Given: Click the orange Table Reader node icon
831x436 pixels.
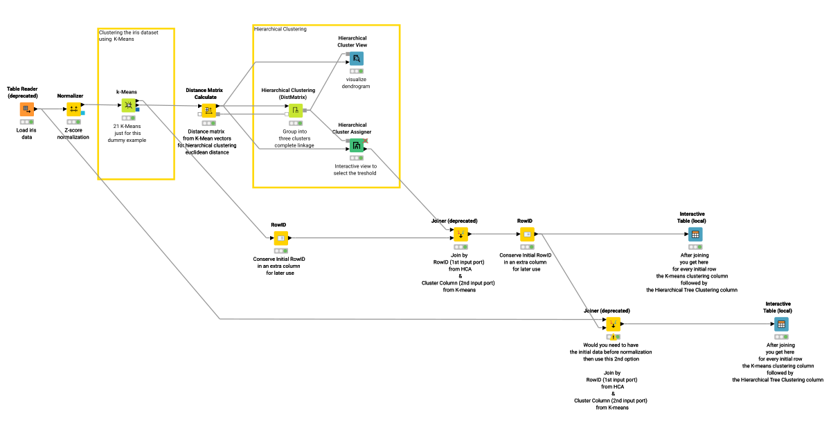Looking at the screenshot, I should pyautogui.click(x=26, y=109).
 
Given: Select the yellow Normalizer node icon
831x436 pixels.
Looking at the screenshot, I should pyautogui.click(x=73, y=109).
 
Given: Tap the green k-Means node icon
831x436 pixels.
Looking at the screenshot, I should pyautogui.click(x=128, y=105).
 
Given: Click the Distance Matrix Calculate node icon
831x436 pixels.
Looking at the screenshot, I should pyautogui.click(x=208, y=110).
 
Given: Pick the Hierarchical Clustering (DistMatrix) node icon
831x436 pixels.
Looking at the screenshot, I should pyautogui.click(x=296, y=110).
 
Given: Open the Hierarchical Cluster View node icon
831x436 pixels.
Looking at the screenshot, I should pyautogui.click(x=356, y=59).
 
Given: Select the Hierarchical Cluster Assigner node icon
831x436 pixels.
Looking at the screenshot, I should pyautogui.click(x=356, y=145).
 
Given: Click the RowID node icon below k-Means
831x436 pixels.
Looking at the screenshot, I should pyautogui.click(x=280, y=238).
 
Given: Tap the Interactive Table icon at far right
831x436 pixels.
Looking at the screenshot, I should pyautogui.click(x=781, y=324).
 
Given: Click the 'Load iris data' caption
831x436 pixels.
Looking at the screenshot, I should pyautogui.click(x=27, y=133).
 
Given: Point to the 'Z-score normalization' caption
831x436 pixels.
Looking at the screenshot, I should pyautogui.click(x=73, y=133).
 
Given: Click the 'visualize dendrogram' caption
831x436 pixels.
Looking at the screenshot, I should pyautogui.click(x=357, y=82).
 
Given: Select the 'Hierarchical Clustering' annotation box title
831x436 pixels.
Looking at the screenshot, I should pyautogui.click(x=280, y=29).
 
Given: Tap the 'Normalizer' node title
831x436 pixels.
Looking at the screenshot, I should pyautogui.click(x=70, y=96).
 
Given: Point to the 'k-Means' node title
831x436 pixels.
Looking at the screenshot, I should pyautogui.click(x=127, y=91).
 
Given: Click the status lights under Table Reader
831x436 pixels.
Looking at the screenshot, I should pyautogui.click(x=27, y=122).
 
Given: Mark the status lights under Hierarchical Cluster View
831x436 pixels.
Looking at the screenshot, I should pyautogui.click(x=356, y=71).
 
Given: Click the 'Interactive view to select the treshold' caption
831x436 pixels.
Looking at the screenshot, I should pyautogui.click(x=356, y=170).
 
